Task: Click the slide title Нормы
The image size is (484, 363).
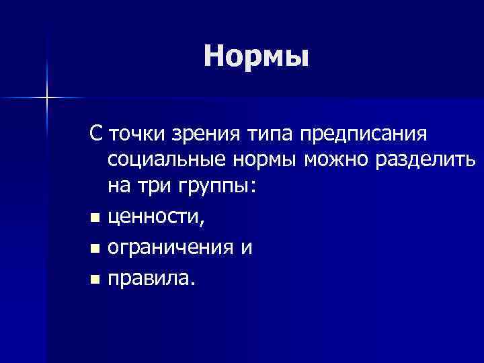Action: tap(257, 56)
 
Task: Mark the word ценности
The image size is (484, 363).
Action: tap(157, 217)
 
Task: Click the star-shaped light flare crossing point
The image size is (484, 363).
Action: tap(48, 98)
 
